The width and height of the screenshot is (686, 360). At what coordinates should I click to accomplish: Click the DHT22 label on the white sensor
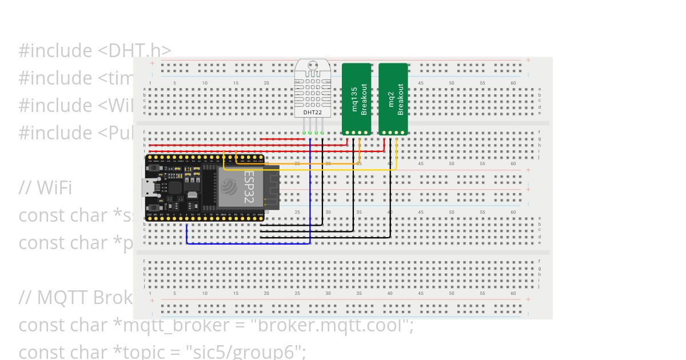coord(313,113)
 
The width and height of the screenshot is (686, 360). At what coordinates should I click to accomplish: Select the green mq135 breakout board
coord(357,98)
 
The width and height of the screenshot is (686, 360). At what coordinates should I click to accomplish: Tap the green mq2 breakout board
coord(393,98)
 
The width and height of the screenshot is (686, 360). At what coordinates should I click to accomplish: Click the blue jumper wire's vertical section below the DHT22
coord(310,189)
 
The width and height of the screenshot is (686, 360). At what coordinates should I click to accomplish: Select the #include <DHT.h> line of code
coord(95,50)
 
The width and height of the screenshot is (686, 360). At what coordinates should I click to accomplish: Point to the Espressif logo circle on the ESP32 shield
coord(229,187)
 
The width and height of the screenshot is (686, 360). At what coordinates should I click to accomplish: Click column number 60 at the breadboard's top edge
coord(513,83)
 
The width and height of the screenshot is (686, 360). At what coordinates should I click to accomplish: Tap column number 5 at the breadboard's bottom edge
coord(175,293)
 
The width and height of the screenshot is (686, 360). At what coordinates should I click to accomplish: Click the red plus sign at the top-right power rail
coord(528,60)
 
